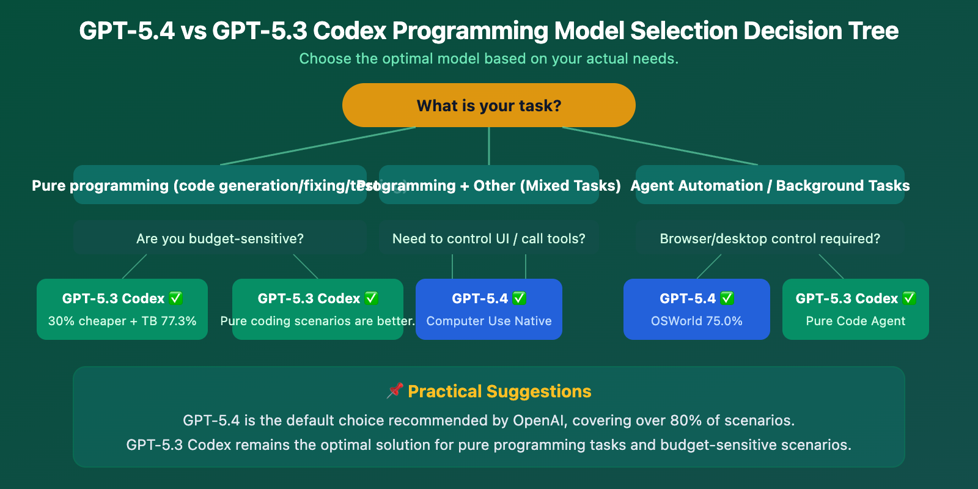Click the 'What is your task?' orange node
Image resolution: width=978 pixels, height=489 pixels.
(x=489, y=106)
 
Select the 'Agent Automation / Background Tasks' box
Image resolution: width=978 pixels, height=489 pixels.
(x=770, y=185)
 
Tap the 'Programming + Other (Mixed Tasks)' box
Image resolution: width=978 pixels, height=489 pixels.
(x=489, y=185)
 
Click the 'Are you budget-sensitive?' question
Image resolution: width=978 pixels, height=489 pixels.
(x=220, y=238)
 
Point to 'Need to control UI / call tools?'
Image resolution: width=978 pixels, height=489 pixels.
(x=489, y=238)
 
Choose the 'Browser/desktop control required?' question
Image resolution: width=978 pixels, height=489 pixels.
(x=770, y=238)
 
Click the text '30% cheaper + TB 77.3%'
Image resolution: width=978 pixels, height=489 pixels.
(x=122, y=321)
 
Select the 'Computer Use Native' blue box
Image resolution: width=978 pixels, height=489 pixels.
(x=489, y=309)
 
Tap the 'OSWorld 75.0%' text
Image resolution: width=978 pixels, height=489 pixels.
(x=697, y=321)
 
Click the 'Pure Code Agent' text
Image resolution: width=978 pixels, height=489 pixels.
(x=856, y=321)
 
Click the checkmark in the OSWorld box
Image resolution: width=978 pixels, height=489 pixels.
(x=727, y=298)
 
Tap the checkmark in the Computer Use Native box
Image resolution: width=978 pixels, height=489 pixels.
(x=519, y=298)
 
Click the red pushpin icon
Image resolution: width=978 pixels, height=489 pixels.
(x=395, y=391)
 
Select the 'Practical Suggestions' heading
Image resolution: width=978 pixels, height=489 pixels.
(x=499, y=391)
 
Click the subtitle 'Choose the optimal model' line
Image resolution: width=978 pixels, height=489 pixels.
(x=489, y=59)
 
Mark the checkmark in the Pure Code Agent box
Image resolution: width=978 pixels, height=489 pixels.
(x=909, y=298)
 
